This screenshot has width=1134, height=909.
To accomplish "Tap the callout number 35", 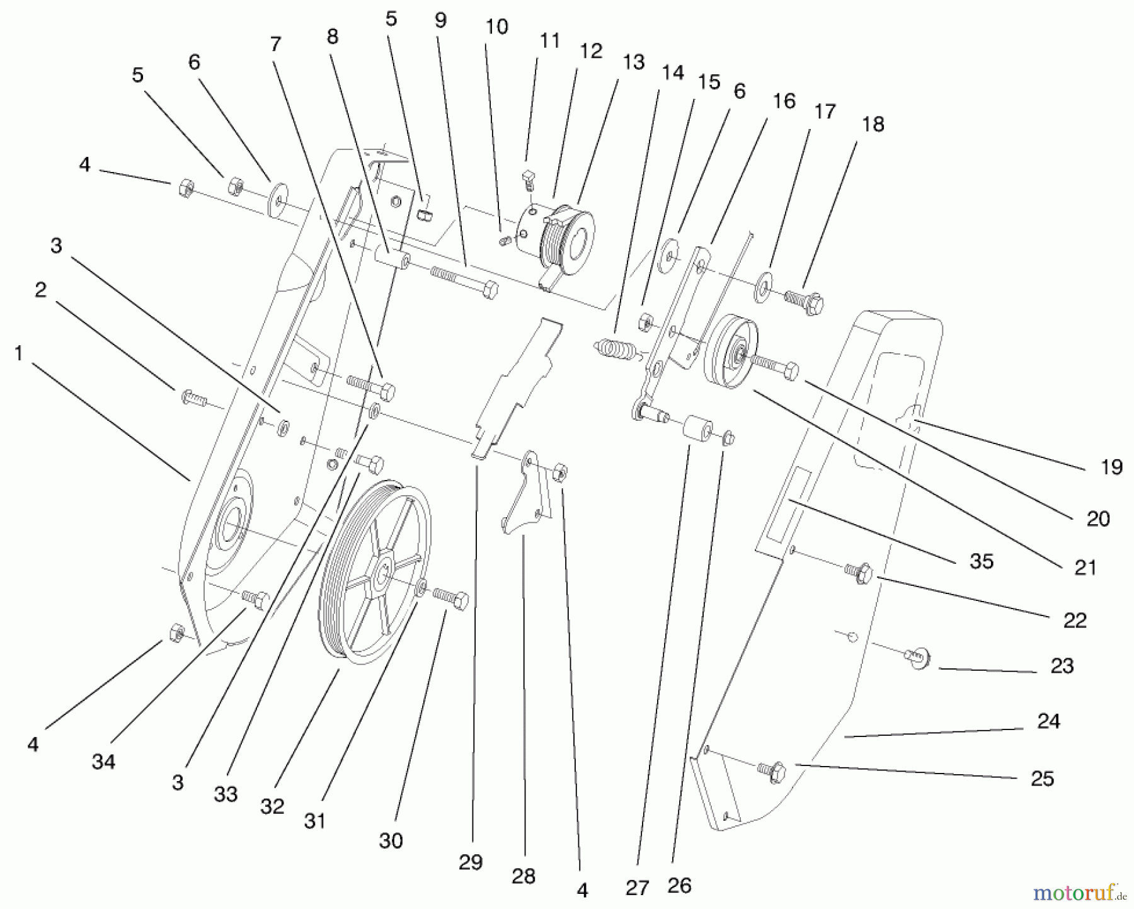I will (982, 561).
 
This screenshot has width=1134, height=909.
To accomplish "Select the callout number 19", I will (1111, 467).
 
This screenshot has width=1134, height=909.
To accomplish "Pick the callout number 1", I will (18, 354).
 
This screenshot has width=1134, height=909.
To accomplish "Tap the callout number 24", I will (1048, 721).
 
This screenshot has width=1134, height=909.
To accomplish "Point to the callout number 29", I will (470, 862).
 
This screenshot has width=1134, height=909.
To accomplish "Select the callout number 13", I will (633, 62).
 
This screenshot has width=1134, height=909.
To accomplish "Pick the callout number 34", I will (103, 762).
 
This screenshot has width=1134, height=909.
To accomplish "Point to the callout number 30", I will (391, 840).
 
